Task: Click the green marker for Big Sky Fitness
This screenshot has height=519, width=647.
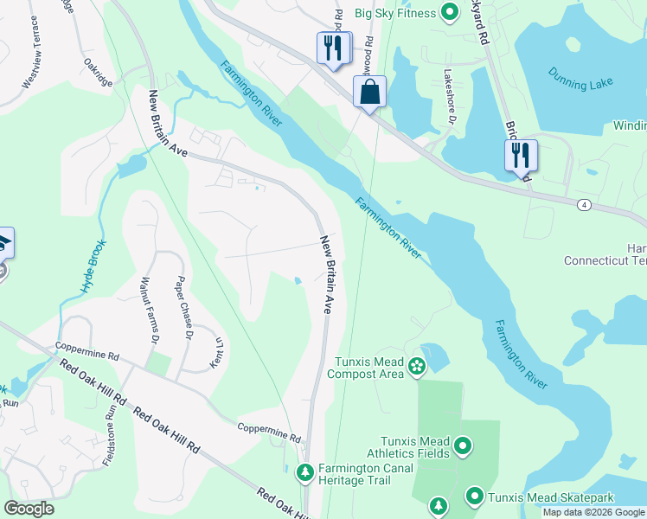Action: click(x=449, y=12)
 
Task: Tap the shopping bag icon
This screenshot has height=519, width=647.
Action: click(x=369, y=92)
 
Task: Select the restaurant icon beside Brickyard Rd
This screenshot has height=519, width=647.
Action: click(x=521, y=156)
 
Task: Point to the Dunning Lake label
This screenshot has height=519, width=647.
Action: click(x=579, y=82)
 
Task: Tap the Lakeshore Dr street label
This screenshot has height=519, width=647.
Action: click(x=448, y=96)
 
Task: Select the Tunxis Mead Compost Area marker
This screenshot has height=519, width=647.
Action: click(x=417, y=366)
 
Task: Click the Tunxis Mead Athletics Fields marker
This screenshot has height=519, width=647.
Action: click(x=463, y=446)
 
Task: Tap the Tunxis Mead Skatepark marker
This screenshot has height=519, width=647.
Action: click(x=474, y=497)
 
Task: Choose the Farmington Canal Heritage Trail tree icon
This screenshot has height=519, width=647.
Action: click(x=304, y=472)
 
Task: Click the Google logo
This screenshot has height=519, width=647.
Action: click(x=29, y=509)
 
